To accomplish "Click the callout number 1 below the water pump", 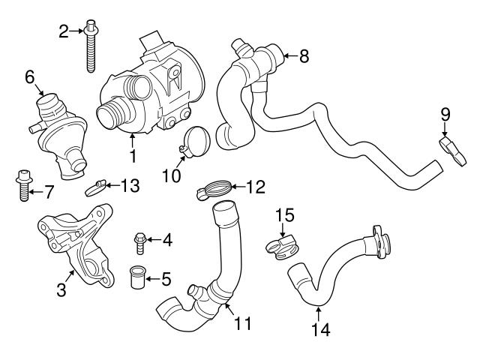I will coord(133,157).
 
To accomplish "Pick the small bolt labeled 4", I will coord(140,240).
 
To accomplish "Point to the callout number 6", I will coord(30,76).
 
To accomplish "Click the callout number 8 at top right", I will coord(304,55).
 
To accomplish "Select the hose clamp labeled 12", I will coord(213,190).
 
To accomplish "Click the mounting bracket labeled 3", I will coord(75,244).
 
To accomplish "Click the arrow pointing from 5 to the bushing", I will coord(153,280).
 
